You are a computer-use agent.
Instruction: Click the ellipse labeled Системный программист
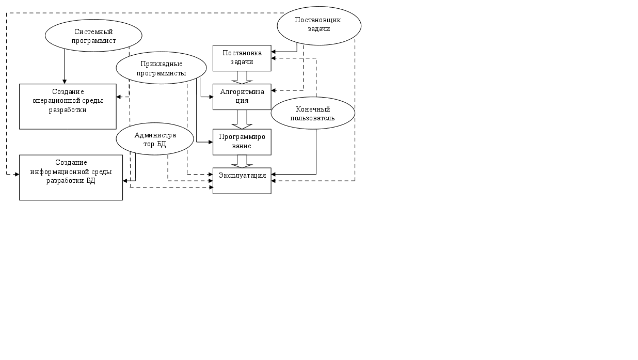(x=93, y=36)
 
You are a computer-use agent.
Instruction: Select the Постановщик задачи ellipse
(x=318, y=25)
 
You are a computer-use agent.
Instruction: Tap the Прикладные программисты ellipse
(x=161, y=68)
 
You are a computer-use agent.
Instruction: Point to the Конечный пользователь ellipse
(x=313, y=113)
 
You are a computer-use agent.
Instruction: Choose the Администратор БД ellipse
(x=155, y=139)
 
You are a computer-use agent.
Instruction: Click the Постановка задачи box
(x=242, y=58)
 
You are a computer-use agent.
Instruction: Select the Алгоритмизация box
(x=242, y=97)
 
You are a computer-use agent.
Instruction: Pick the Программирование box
(x=242, y=142)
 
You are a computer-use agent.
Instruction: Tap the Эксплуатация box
(x=242, y=180)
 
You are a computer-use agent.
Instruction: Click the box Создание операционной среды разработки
(x=68, y=106)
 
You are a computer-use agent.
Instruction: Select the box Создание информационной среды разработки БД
(x=71, y=177)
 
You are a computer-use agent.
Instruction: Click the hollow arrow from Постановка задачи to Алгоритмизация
(x=242, y=77)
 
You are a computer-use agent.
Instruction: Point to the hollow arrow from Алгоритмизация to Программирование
(x=242, y=119)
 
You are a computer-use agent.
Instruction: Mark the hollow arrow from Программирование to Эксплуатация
(x=242, y=161)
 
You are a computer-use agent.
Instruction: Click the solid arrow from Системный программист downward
(x=65, y=66)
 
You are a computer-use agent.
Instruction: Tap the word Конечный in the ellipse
(x=313, y=109)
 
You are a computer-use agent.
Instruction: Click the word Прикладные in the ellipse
(x=162, y=64)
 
